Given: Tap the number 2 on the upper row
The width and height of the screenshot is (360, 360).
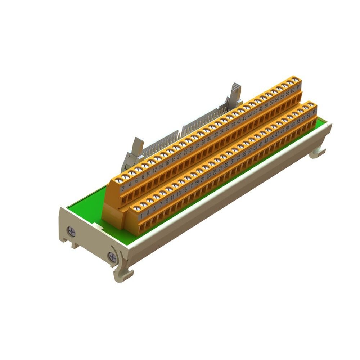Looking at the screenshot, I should click(123, 188).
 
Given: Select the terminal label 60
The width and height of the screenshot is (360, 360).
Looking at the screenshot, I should click(293, 89).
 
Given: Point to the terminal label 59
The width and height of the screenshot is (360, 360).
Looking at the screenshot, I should click(308, 115).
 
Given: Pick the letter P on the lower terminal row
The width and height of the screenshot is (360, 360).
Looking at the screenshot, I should click(314, 112).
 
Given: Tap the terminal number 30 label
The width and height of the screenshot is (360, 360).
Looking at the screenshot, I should click(209, 138).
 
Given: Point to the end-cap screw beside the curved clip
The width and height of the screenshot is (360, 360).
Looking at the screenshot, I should click(112, 257).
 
